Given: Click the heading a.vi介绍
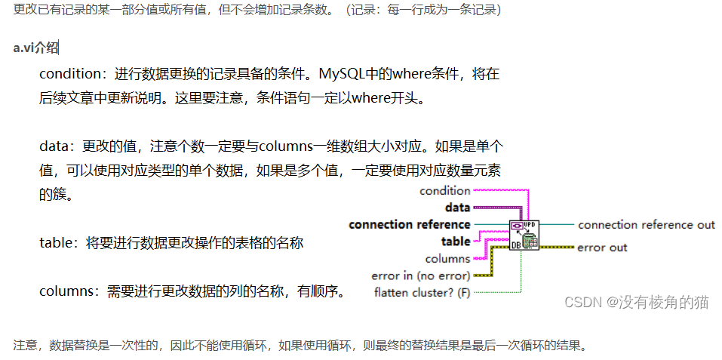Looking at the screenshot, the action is pos(35,48).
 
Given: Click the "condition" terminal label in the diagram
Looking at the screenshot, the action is pos(445,191).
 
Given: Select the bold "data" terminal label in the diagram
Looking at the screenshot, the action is pos(457,207).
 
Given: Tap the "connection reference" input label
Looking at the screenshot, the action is pos(410,224).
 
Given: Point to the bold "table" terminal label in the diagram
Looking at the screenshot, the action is pos(455,242).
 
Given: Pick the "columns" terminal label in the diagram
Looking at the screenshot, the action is pos(447,258).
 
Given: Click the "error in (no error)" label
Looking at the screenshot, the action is pos(421,275).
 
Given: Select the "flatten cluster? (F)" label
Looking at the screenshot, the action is pos(422,292).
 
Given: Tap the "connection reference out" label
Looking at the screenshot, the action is pos(646,224).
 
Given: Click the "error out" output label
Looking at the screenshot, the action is pos(602,247).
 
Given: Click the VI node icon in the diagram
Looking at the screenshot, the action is pos(524,235).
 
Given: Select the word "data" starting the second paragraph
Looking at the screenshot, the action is pos(54,146).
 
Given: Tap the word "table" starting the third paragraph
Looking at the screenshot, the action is pos(55,243).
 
